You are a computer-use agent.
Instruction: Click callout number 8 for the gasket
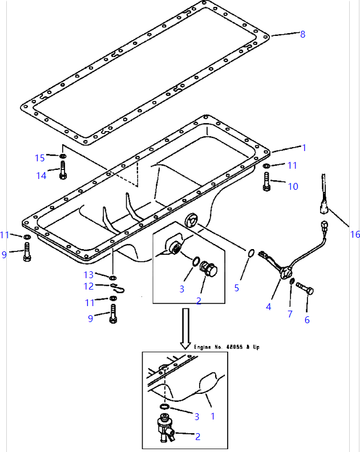[302, 34]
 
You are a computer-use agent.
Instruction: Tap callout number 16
[355, 234]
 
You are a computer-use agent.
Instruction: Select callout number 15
[39, 158]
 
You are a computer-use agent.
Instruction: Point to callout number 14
[41, 176]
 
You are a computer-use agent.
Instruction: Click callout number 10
[292, 186]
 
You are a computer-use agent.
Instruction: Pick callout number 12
[88, 286]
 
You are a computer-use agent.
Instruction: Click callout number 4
[268, 306]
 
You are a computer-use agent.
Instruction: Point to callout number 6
[307, 320]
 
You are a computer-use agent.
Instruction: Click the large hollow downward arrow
[185, 328]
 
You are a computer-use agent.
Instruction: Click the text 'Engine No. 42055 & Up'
[226, 347]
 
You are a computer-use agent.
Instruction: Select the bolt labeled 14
[62, 171]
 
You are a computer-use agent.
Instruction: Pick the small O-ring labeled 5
[250, 253]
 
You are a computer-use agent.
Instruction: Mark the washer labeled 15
[62, 156]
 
